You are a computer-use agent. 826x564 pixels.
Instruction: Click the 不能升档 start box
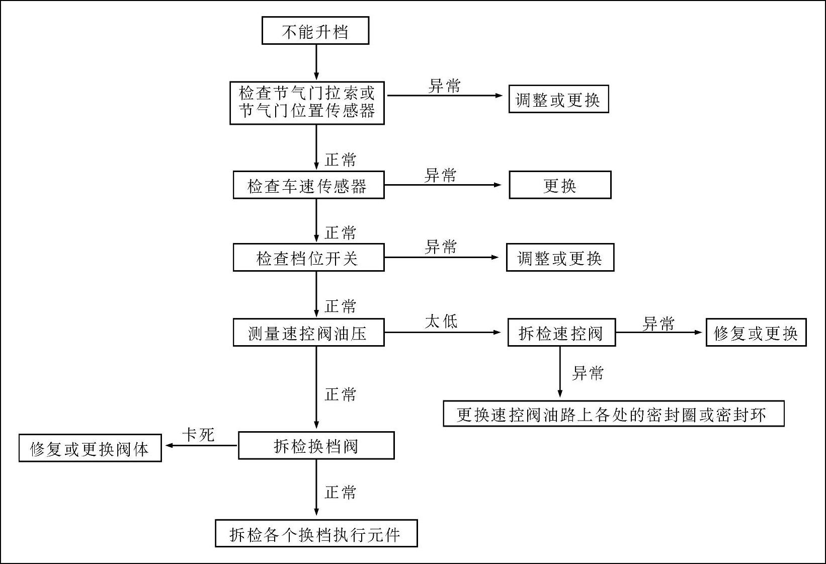[315, 31]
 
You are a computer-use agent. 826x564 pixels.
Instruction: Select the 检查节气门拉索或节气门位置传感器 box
[307, 103]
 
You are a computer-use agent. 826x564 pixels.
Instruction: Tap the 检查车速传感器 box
[308, 185]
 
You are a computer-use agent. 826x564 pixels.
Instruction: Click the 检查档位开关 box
[308, 258]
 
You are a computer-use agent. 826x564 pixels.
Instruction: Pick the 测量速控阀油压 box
[308, 333]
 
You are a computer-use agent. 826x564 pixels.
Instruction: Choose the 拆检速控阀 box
[561, 333]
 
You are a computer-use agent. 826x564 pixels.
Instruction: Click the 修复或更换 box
[756, 333]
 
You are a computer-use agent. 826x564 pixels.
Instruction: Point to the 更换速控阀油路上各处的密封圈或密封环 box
[613, 414]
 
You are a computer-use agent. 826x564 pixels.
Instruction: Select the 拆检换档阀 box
[316, 446]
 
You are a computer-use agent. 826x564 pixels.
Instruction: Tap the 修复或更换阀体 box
[90, 448]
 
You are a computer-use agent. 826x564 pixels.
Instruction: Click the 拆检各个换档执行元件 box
[316, 533]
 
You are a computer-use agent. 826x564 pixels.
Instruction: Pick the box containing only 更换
[560, 185]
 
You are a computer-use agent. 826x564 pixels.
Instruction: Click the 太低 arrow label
[441, 321]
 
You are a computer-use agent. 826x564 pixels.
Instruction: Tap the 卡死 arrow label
[198, 435]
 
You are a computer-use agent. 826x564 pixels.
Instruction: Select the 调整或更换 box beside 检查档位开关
[560, 258]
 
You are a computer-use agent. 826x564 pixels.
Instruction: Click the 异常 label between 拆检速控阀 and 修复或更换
[658, 324]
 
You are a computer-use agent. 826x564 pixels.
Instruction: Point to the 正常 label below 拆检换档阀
[341, 492]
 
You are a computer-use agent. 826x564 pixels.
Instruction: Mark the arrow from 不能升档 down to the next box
[316, 62]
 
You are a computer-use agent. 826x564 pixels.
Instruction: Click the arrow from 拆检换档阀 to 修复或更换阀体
[201, 445]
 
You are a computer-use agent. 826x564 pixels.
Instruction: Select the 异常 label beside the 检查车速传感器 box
[441, 175]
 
